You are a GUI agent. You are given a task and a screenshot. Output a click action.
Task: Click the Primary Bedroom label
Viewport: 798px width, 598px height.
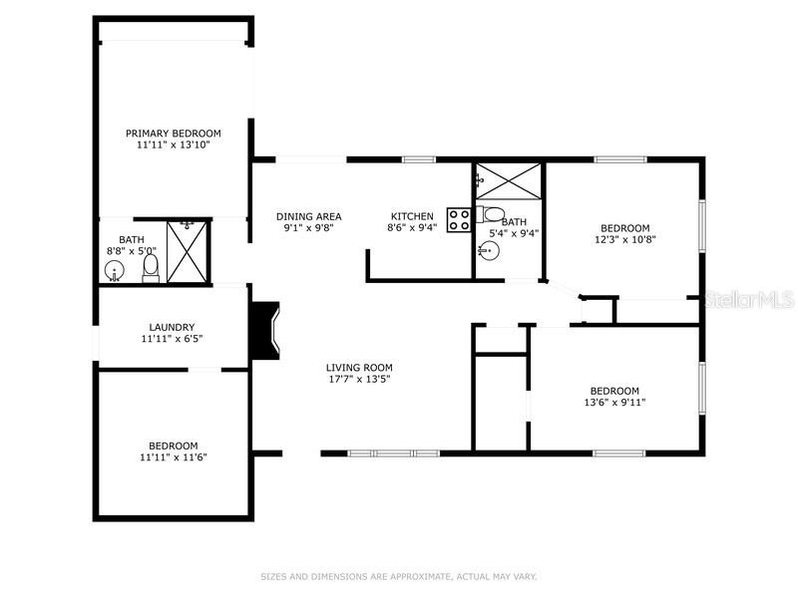tap(173, 133)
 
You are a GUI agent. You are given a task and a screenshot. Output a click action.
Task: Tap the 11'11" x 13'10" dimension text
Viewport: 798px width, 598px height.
tap(173, 145)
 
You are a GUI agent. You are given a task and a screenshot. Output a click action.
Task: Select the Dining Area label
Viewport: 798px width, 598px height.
tap(308, 216)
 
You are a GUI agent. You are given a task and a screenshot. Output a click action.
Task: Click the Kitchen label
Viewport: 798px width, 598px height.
tap(411, 216)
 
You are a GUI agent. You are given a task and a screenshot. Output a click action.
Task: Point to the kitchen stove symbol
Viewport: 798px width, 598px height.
tap(459, 219)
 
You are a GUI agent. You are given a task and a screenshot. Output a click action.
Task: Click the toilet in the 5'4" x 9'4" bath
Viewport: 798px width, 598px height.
tap(494, 213)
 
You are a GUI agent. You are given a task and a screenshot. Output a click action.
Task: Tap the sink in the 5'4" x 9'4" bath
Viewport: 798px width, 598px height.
tap(489, 250)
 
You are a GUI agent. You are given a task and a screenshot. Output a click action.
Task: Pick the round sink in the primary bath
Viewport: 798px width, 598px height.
tap(116, 269)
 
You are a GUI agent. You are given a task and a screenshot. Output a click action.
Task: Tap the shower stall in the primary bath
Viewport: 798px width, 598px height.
tap(187, 251)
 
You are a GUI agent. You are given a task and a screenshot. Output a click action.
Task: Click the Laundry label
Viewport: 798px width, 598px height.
tap(172, 327)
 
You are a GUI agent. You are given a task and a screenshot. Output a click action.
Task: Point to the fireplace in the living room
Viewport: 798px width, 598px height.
tap(265, 332)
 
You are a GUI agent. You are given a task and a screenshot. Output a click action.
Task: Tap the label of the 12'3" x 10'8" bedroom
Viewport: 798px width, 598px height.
tap(624, 227)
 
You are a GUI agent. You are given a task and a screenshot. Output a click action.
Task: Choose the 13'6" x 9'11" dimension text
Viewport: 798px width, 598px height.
tap(614, 403)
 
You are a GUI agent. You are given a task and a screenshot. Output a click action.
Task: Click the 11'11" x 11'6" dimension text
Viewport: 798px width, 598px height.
tap(173, 457)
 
